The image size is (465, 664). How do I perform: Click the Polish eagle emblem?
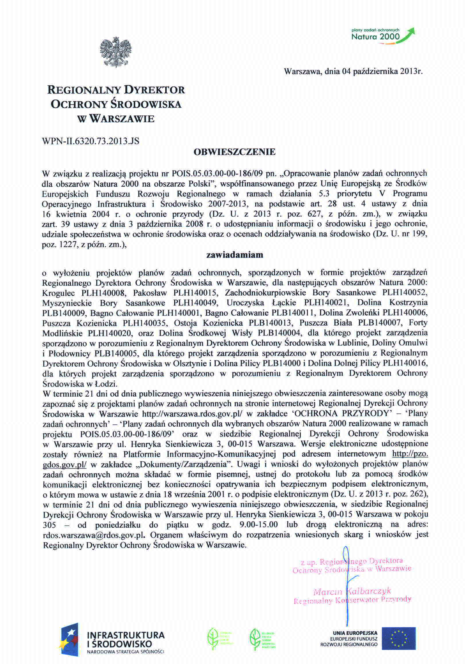115,52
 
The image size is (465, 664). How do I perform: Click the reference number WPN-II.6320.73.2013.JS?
91,141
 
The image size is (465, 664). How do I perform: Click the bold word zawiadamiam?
234,255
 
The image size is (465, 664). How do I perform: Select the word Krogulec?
58,293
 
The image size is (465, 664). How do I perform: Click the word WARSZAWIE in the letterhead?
122,119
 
